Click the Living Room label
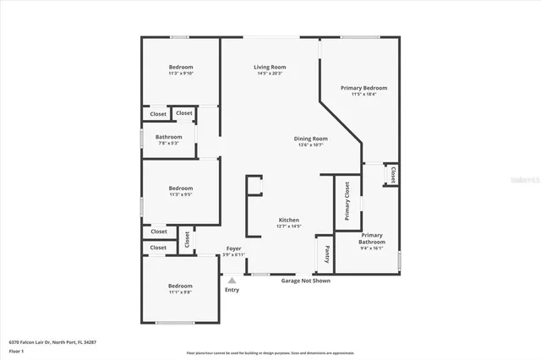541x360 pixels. pos(270,67)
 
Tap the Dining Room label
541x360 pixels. pos(311,139)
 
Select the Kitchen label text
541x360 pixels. pos(289,220)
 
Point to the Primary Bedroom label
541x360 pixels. pos(363,88)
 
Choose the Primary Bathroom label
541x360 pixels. pos(372,238)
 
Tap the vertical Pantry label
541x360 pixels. pos(327,254)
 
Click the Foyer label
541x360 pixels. pos(234,248)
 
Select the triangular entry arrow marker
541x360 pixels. pos(232,280)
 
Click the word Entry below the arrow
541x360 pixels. pos(232,290)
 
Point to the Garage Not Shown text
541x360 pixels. pos(305,281)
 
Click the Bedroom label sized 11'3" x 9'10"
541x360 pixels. pos(181,67)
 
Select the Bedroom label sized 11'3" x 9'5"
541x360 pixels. pos(181,188)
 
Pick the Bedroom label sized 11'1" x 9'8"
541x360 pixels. pos(180,286)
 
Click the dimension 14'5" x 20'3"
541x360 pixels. pos(270,74)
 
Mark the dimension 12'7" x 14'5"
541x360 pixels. pos(289,226)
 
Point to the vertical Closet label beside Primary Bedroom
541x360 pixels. pos(393,175)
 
